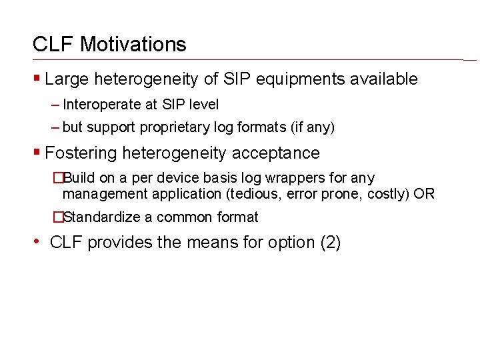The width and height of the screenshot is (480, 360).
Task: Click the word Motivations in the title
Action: (x=133, y=45)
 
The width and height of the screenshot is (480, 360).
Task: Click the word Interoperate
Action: (x=101, y=105)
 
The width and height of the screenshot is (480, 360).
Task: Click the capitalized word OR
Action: (x=424, y=194)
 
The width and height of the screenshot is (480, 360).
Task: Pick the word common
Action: (x=183, y=217)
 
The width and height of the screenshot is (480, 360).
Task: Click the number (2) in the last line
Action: (x=331, y=242)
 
